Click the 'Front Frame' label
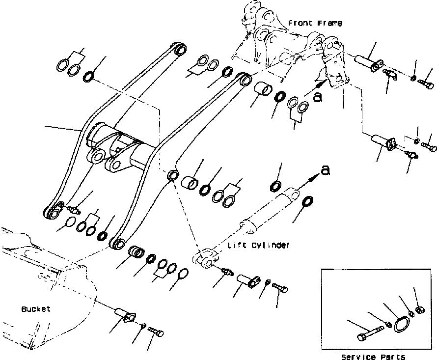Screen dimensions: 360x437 (315, 23)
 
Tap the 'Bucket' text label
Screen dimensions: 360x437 (36, 309)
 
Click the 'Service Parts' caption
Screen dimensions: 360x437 (374, 357)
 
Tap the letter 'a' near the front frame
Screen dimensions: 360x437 (318, 97)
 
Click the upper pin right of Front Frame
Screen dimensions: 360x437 (369, 63)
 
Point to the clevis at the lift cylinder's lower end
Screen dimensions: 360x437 (204, 258)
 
